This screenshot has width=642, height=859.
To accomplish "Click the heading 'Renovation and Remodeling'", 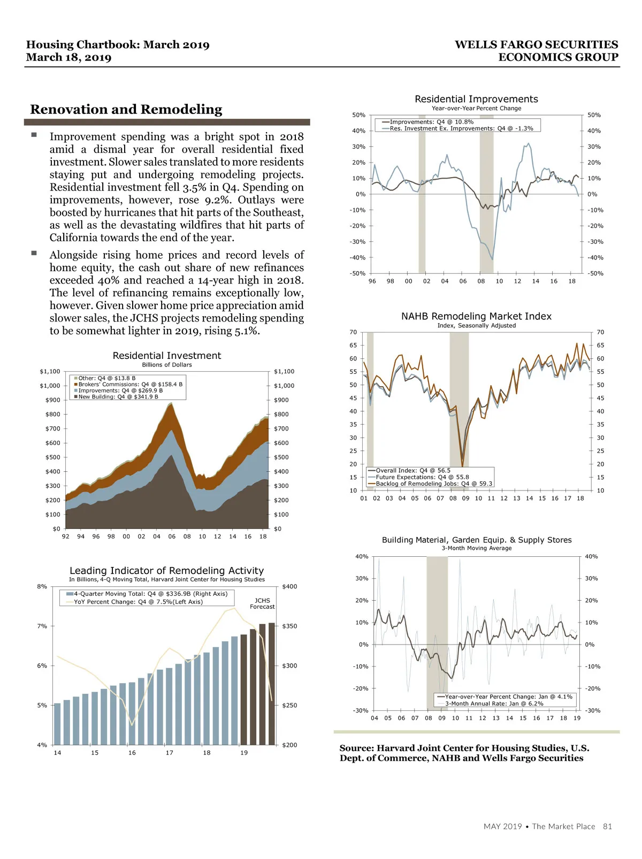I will tap(126, 110).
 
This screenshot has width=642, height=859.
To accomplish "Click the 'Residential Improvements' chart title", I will tap(476, 99).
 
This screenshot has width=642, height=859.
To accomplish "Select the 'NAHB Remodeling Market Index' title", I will tap(476, 316).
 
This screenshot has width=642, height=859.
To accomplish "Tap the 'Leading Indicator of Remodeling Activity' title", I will tap(167, 571).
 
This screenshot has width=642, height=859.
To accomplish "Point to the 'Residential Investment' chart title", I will tap(167, 356).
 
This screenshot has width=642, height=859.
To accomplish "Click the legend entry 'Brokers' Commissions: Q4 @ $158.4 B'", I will tap(130, 384).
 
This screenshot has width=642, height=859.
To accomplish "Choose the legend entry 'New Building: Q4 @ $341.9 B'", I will tap(118, 397).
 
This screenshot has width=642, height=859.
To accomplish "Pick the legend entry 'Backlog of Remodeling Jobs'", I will tap(433, 484).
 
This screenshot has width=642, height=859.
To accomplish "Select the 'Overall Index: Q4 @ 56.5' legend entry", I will tap(412, 471).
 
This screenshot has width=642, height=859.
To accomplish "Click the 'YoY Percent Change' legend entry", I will tap(138, 602).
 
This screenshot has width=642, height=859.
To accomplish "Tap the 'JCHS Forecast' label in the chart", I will tap(262, 603).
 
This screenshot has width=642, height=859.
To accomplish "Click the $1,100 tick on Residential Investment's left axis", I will tap(50, 371).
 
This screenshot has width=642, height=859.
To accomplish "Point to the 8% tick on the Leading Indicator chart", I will tap(42, 586).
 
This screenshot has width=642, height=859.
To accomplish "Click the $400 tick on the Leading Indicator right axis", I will tap(289, 586).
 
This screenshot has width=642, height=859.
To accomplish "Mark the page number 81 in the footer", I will tap(607, 826).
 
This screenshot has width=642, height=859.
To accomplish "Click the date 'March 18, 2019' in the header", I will tap(68, 58).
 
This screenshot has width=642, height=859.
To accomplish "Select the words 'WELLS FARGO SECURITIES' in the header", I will tap(536, 45).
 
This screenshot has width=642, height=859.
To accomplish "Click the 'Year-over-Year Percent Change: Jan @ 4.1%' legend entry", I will tap(508, 696).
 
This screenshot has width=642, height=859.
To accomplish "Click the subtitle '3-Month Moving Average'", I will tap(477, 548).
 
